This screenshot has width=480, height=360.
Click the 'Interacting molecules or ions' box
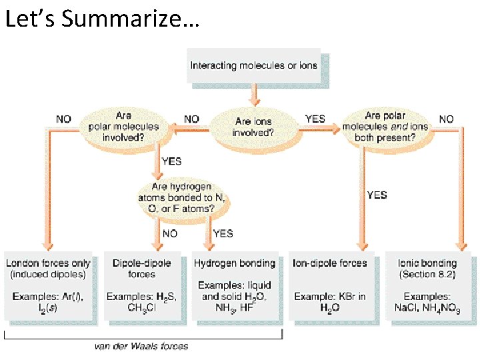[x=254, y=65]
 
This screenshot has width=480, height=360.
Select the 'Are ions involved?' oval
[x=253, y=127]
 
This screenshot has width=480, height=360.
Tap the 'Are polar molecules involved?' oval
[x=123, y=127]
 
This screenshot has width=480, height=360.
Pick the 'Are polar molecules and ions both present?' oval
[x=385, y=127]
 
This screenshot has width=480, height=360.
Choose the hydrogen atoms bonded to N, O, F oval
[x=181, y=197]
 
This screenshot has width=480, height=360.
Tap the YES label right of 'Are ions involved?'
[x=315, y=119]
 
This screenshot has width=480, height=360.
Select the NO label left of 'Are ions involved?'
[x=191, y=119]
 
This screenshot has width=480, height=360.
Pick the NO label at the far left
[x=64, y=119]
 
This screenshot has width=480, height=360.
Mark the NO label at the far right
[x=446, y=119]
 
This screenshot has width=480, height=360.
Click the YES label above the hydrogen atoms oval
[x=171, y=161]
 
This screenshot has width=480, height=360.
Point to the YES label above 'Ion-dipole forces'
[x=377, y=195]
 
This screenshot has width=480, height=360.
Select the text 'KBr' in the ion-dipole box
[x=343, y=296]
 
